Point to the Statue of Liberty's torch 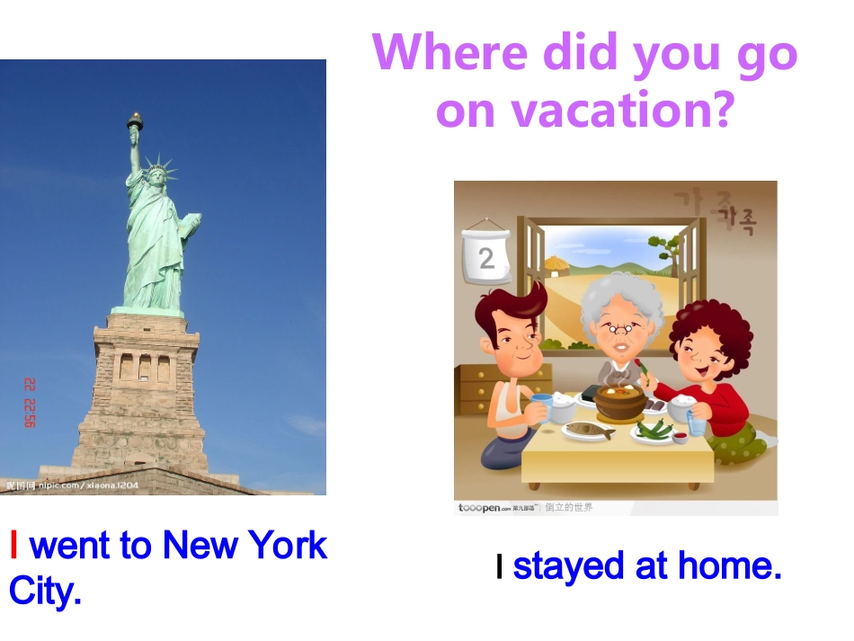(135, 122)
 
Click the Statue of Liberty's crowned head (157, 174)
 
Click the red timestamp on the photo (29, 402)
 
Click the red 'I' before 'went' (13, 545)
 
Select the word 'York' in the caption (288, 545)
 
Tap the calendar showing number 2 (486, 257)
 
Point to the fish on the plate (589, 431)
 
